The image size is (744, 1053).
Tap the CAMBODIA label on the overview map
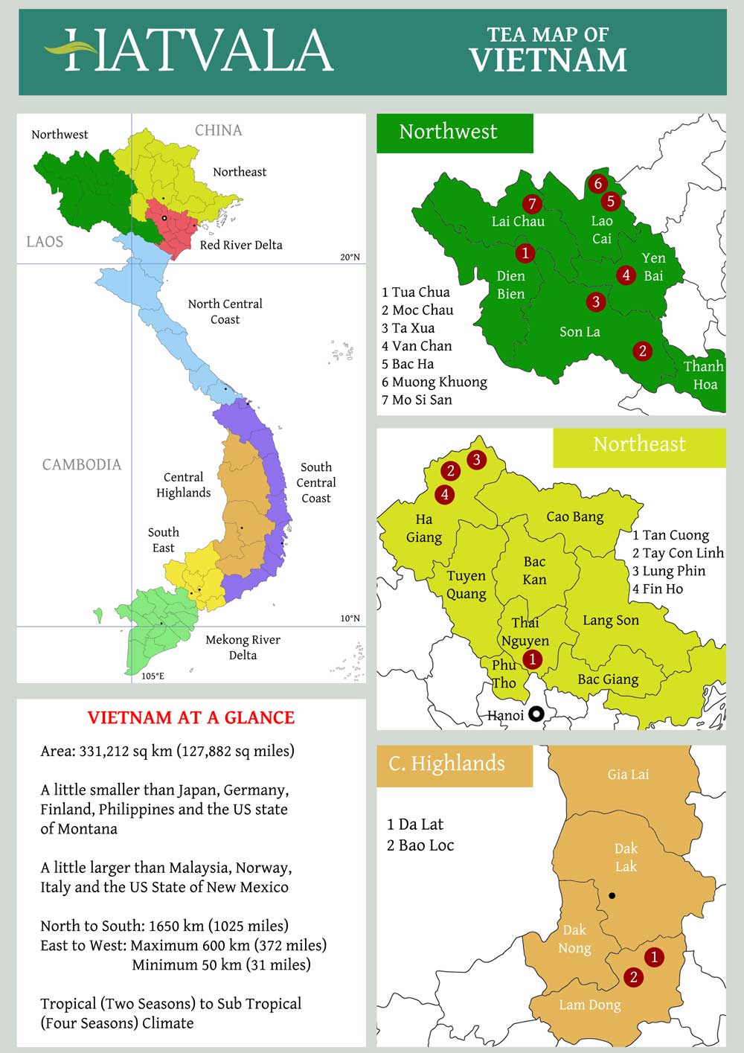point(81,464)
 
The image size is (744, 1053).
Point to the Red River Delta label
point(241,245)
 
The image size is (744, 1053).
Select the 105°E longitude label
point(153,676)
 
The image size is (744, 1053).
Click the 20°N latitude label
point(350,257)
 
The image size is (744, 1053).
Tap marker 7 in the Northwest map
point(531,203)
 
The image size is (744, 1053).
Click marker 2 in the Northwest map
point(643,351)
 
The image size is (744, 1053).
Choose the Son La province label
point(580,332)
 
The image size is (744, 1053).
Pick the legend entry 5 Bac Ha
point(408,364)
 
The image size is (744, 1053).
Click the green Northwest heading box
point(455,132)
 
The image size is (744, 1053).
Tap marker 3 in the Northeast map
point(476,459)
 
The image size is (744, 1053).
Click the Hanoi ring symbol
point(536,714)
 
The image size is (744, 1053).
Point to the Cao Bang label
point(574,516)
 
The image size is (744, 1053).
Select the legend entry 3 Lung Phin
point(669,571)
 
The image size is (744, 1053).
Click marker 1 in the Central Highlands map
point(654,957)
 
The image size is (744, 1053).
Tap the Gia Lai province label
point(628,775)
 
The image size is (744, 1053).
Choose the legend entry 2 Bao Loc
point(420,845)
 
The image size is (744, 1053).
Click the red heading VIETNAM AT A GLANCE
point(191,717)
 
